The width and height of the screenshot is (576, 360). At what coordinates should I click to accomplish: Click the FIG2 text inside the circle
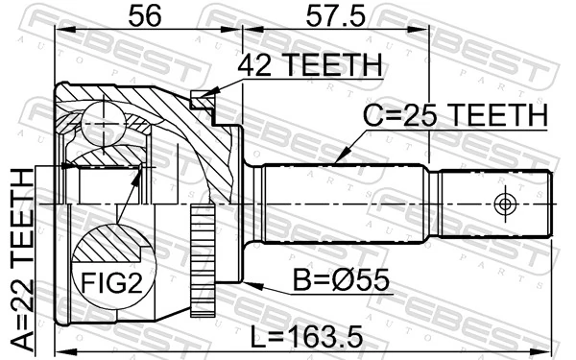[x=108, y=283]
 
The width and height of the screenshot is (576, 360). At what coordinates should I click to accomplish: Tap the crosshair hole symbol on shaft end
[x=505, y=203]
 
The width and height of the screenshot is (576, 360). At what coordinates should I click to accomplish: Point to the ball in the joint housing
[x=103, y=119]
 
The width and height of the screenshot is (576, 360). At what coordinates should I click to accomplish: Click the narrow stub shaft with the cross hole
[x=494, y=203]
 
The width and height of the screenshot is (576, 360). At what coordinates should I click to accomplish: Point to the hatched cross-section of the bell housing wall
[x=206, y=144]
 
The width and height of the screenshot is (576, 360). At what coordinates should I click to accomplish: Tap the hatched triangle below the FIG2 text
[x=108, y=312]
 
